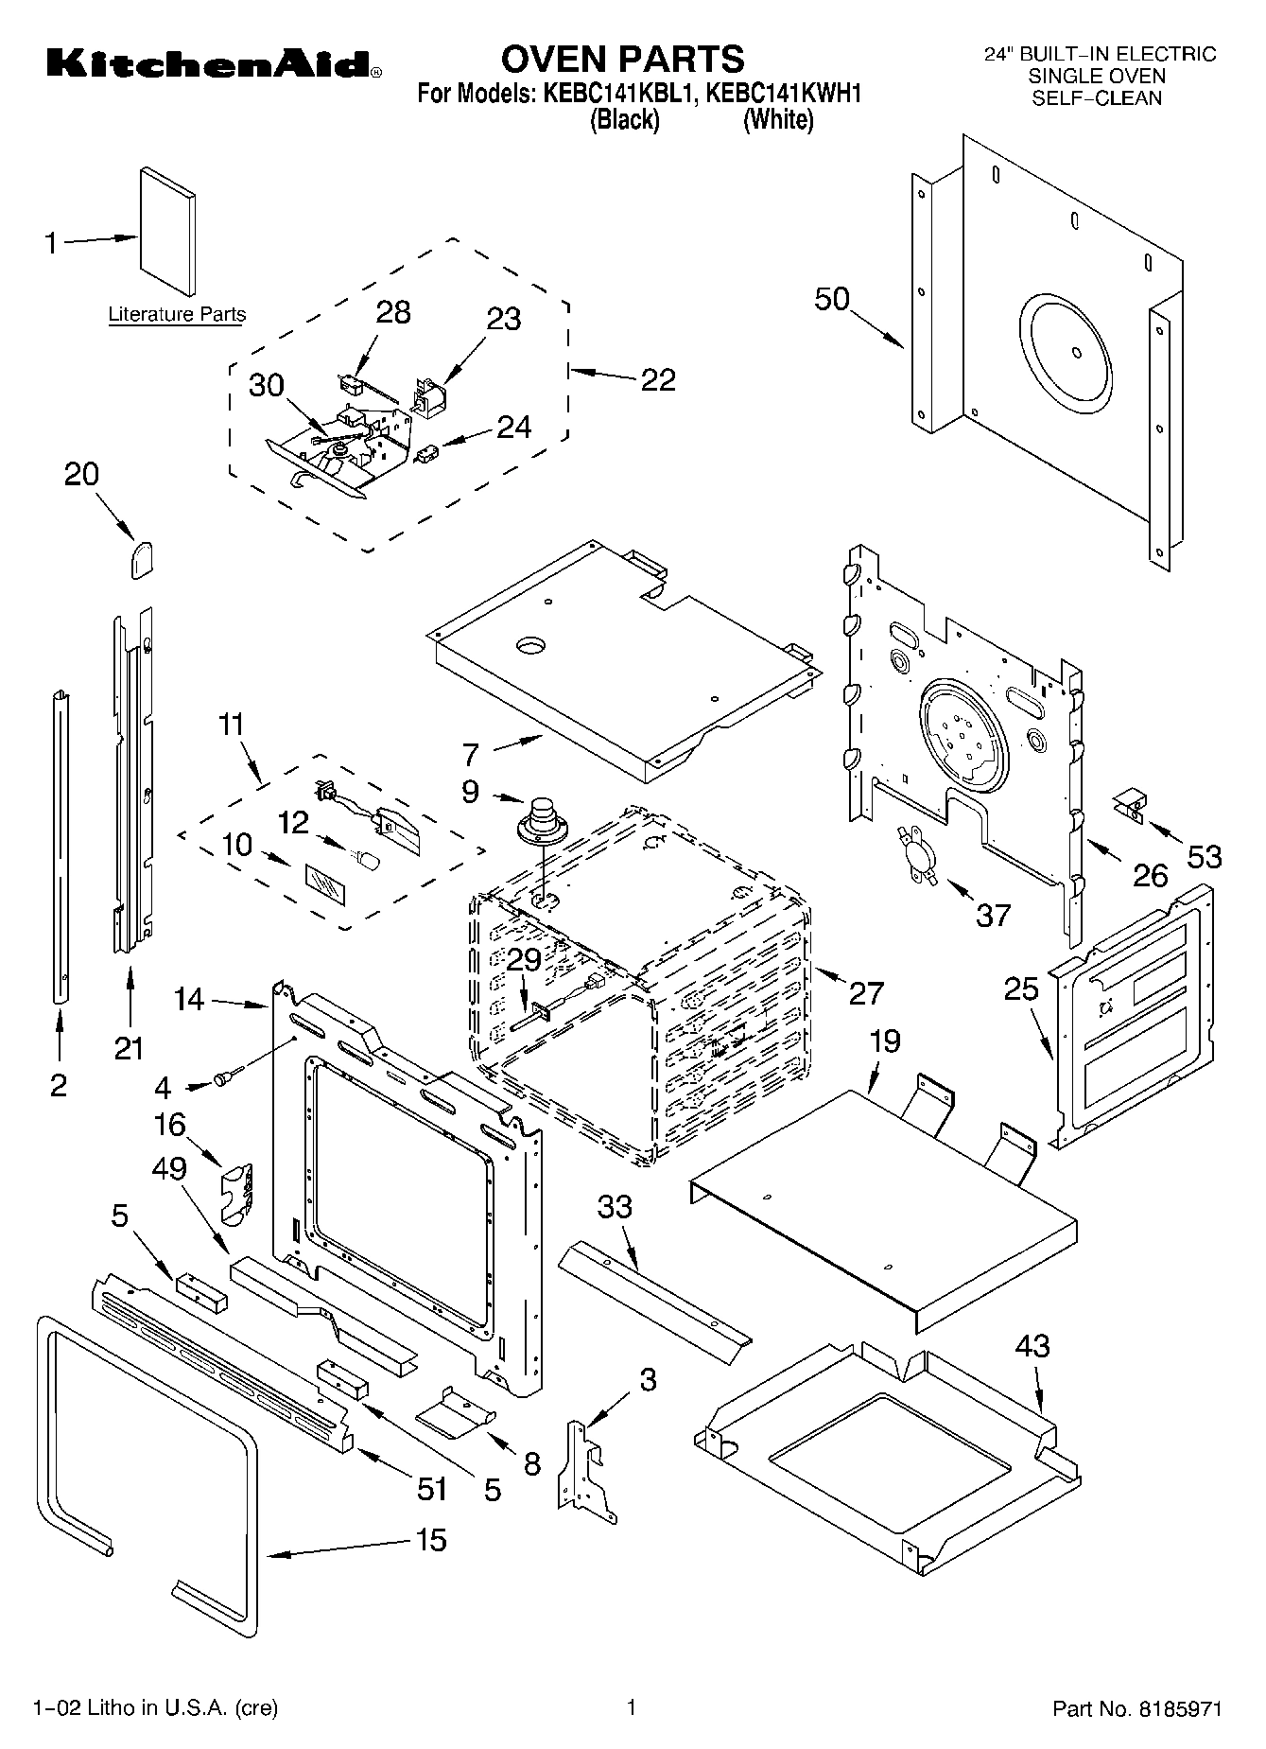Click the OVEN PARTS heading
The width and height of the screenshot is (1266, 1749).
point(622,59)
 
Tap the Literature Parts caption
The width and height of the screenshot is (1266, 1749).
point(177,315)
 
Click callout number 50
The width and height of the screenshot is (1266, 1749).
point(832,299)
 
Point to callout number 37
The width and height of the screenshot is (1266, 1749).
point(993,915)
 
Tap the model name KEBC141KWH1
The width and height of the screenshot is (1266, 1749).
point(784,94)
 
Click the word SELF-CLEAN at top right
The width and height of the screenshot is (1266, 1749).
point(1097,97)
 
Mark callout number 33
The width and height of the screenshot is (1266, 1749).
point(615,1207)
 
